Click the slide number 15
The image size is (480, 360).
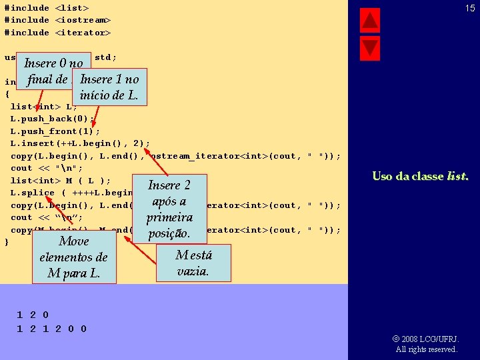[x=470, y=8]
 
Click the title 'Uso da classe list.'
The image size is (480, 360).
[x=420, y=177]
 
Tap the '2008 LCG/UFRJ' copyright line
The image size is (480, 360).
[x=427, y=339]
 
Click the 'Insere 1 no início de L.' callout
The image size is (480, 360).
[x=109, y=87]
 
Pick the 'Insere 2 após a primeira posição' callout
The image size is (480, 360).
[x=169, y=209]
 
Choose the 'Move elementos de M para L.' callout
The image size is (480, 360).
[x=73, y=257]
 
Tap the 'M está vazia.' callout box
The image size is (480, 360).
[x=193, y=263]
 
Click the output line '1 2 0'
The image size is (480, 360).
[x=33, y=315]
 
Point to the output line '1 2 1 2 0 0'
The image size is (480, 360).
[x=51, y=329]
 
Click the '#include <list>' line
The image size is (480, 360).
[x=47, y=8]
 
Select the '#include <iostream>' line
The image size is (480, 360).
[x=57, y=20]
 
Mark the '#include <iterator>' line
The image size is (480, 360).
[x=57, y=32]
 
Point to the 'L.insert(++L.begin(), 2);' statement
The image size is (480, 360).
[x=80, y=143]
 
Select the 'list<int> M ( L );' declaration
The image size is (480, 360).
[x=61, y=181]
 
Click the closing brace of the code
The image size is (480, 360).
[x=7, y=242]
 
